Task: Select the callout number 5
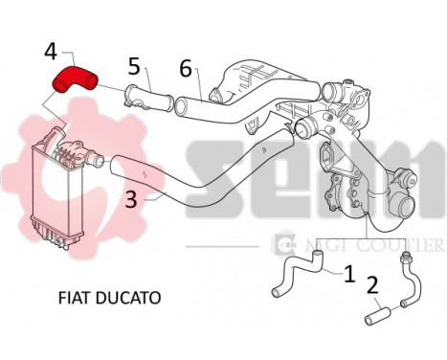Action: pyautogui.click(x=134, y=66)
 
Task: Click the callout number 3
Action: pyautogui.click(x=132, y=199)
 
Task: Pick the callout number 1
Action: pyautogui.click(x=349, y=273)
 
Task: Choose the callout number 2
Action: pyautogui.click(x=371, y=284)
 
